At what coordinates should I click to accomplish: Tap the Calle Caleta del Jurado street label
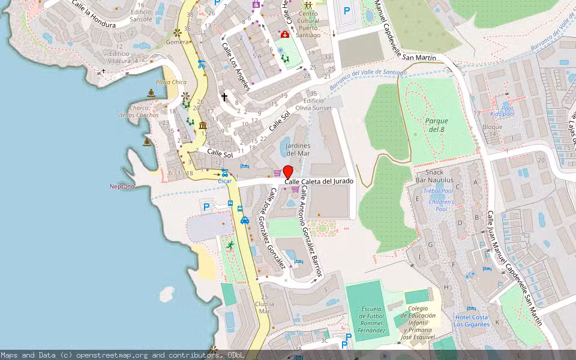[x=319, y=181]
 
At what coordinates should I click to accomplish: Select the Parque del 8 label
[x=436, y=125]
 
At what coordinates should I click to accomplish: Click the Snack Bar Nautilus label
[x=434, y=175]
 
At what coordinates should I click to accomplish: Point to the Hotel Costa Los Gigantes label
[x=472, y=320]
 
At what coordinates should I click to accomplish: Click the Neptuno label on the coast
[x=122, y=186]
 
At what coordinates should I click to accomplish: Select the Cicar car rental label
[x=224, y=181]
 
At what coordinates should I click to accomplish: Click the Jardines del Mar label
[x=298, y=149]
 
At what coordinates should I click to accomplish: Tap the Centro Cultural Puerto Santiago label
[x=308, y=24]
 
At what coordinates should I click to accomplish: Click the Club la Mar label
[x=262, y=307]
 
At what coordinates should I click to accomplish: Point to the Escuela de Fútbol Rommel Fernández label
[x=372, y=320]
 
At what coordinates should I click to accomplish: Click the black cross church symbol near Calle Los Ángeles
[x=225, y=97]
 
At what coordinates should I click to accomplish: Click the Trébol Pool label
[x=438, y=191]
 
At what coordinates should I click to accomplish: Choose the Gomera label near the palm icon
[x=177, y=42]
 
